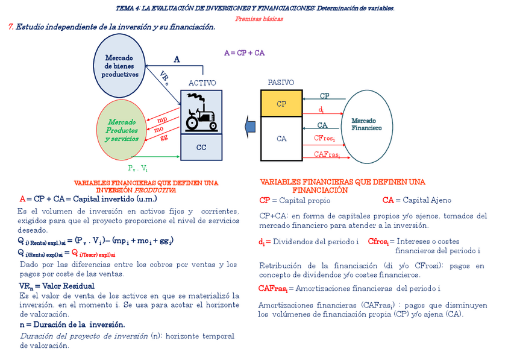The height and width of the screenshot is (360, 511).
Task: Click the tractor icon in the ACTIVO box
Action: (201, 119)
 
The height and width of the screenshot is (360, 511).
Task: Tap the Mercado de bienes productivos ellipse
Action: (120, 66)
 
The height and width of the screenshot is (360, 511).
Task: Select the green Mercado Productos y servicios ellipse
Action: (122, 130)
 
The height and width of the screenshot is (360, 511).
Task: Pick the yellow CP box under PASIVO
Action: (281, 104)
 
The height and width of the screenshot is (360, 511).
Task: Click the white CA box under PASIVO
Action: (281, 139)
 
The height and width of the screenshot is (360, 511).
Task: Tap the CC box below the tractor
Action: (201, 147)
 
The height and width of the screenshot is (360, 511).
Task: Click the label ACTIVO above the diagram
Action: (202, 83)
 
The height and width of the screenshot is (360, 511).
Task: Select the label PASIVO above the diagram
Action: (281, 83)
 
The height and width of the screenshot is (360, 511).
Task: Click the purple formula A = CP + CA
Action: (244, 53)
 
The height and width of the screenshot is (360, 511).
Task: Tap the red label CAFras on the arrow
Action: (327, 154)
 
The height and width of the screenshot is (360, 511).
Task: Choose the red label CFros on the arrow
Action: (325, 138)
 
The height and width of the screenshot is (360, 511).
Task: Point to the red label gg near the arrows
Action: (164, 137)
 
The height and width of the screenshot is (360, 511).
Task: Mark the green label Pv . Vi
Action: (137, 168)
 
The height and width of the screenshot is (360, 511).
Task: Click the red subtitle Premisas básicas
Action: (259, 19)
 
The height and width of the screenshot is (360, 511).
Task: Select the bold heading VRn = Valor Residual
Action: (57, 286)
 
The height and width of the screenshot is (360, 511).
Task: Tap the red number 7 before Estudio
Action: (11, 27)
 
